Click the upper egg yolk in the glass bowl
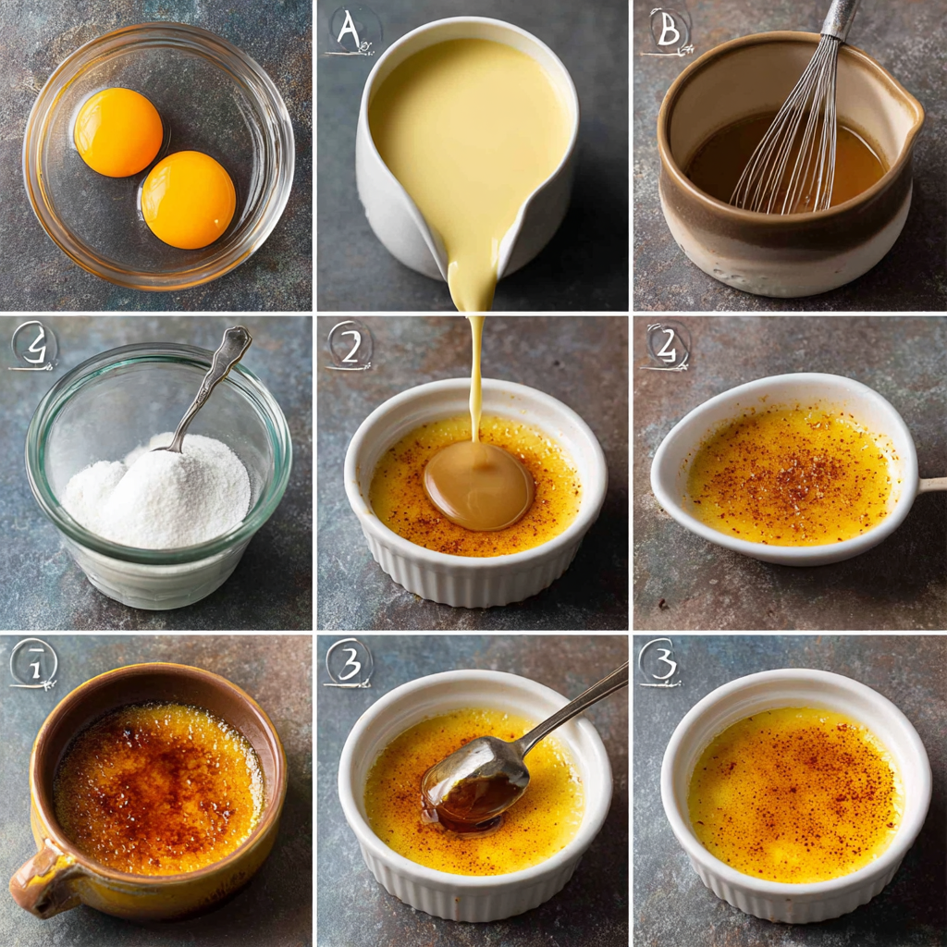(118, 132)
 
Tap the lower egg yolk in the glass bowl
(188, 200)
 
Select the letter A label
(351, 31)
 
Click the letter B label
(668, 31)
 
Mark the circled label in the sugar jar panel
(33, 346)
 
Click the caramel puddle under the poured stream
(478, 485)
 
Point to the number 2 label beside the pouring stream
(350, 346)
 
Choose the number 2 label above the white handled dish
(668, 346)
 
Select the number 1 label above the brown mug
(33, 663)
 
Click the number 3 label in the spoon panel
(349, 662)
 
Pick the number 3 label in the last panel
(660, 662)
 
